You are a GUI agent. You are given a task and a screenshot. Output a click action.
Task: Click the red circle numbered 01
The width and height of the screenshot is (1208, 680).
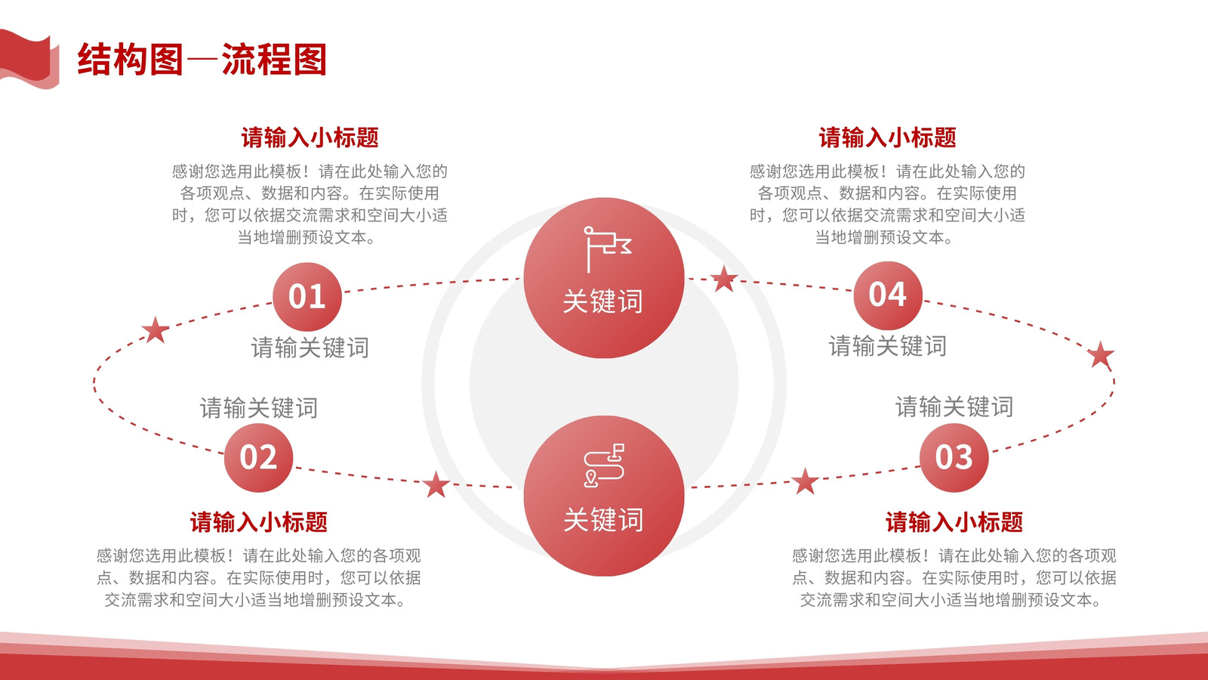(x=307, y=296)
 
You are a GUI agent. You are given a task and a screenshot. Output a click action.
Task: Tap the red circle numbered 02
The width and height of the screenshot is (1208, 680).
(x=258, y=457)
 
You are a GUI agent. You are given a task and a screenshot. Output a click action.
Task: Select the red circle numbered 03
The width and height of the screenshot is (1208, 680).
(x=954, y=457)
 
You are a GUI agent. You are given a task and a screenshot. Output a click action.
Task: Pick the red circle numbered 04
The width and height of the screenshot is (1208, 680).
(x=888, y=295)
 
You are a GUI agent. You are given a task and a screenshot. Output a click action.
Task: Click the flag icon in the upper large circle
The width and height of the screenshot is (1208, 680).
(x=607, y=249)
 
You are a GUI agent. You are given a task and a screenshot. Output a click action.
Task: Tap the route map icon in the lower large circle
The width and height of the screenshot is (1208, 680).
(x=604, y=465)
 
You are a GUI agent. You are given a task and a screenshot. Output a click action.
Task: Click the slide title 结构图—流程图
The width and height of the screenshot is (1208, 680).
(x=202, y=60)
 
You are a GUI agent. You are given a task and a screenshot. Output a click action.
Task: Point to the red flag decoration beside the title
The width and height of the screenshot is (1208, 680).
(x=29, y=59)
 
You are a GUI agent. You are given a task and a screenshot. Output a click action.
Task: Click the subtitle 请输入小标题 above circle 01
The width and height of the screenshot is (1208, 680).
(x=310, y=138)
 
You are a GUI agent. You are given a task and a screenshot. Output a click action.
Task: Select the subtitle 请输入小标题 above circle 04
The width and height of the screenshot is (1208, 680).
(x=888, y=138)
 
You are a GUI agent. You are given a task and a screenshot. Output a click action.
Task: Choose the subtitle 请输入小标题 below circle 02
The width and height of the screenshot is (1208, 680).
(x=258, y=522)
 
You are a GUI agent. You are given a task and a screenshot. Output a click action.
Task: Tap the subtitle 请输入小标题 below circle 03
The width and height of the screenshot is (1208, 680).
(x=954, y=522)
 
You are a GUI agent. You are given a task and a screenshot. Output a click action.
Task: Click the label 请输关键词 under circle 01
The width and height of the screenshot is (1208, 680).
(x=310, y=348)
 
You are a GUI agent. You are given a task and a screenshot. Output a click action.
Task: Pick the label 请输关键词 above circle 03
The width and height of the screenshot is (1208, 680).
(x=954, y=407)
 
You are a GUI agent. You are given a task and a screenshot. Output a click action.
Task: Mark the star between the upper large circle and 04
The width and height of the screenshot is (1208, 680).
(x=724, y=279)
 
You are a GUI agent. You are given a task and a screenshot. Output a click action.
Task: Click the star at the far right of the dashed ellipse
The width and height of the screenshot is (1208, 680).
(x=1101, y=354)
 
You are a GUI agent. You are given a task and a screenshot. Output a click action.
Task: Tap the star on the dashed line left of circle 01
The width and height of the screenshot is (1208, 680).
(x=156, y=329)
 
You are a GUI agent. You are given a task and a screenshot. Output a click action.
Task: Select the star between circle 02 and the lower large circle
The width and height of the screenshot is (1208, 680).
(x=436, y=484)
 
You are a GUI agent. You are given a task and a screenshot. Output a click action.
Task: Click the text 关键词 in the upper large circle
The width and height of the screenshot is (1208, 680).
(x=603, y=301)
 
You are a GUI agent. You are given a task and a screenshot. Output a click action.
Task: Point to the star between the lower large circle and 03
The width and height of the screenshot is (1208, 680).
(x=805, y=481)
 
